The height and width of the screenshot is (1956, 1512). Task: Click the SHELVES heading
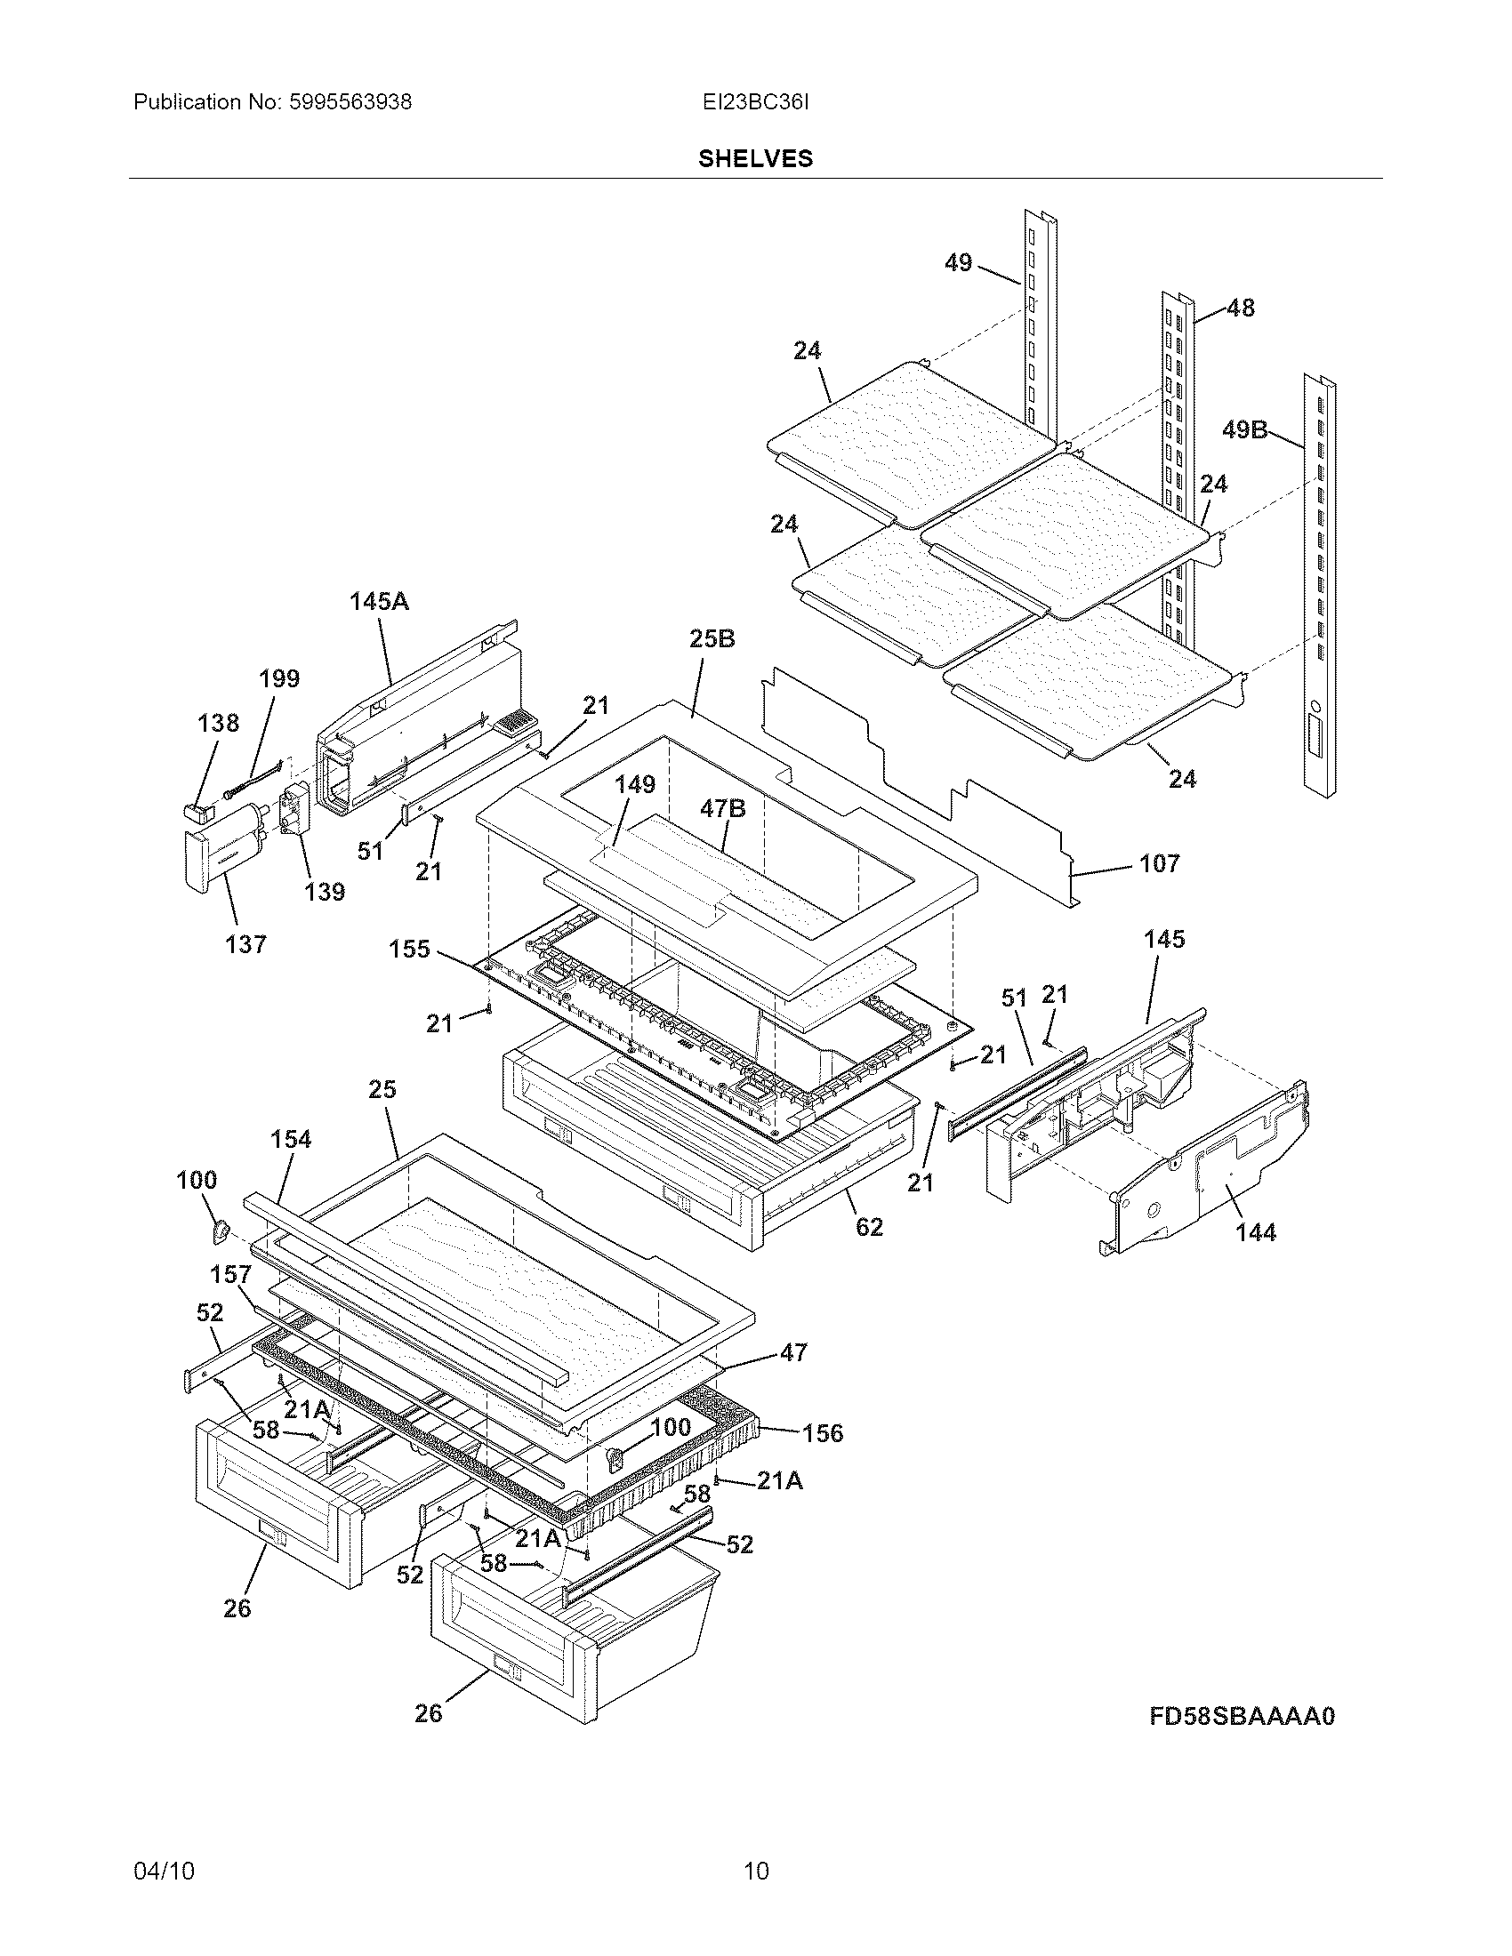click(755, 158)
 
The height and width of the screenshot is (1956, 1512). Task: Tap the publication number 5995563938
click(350, 102)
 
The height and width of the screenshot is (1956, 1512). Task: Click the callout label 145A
click(379, 602)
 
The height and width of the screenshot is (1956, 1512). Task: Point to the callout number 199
click(279, 679)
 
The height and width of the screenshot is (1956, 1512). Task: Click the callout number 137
click(245, 944)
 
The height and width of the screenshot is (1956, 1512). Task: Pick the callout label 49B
click(1245, 430)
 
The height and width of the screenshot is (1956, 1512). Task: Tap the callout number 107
click(1159, 863)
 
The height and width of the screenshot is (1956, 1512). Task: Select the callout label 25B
click(712, 638)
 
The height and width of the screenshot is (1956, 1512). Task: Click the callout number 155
click(409, 949)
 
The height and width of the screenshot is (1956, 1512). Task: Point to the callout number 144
click(1255, 1232)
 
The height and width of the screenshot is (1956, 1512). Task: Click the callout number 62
click(869, 1227)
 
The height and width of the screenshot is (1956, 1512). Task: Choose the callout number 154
click(291, 1139)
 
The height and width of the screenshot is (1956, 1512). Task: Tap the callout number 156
click(823, 1433)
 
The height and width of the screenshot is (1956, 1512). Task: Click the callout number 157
click(231, 1274)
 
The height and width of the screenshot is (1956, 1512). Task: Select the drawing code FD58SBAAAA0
click(1242, 1716)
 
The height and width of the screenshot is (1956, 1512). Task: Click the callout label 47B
click(723, 809)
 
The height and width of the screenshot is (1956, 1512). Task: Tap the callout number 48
click(1241, 309)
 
